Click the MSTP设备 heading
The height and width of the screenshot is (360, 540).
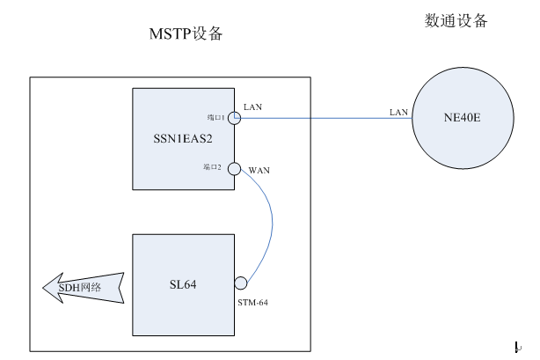click(x=186, y=34)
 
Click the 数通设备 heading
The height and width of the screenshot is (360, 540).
click(x=456, y=20)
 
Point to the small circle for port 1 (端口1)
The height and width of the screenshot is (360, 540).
click(x=235, y=117)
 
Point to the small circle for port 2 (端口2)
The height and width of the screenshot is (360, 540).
click(x=235, y=168)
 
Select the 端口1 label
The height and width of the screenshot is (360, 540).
click(x=216, y=117)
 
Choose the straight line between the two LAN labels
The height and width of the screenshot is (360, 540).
click(x=325, y=119)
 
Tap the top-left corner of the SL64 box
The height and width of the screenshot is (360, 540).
click(x=132, y=235)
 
